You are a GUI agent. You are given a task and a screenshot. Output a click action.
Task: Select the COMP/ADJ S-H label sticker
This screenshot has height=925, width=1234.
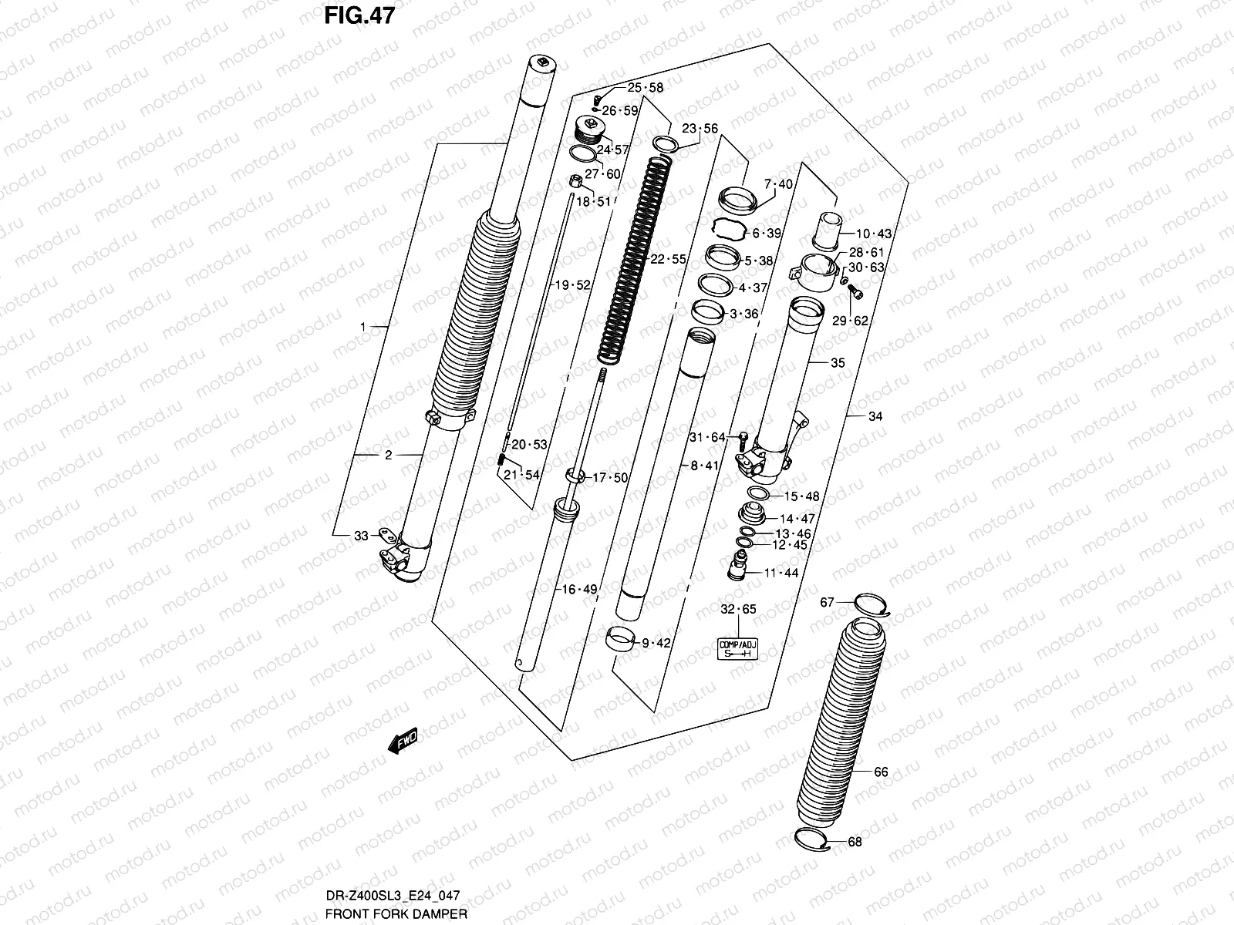[738, 649]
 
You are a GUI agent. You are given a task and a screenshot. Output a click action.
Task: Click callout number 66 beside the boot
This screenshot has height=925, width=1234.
[881, 772]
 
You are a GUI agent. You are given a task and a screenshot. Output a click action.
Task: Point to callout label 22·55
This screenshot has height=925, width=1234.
[667, 260]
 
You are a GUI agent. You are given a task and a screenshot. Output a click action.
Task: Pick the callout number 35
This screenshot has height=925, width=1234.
[838, 363]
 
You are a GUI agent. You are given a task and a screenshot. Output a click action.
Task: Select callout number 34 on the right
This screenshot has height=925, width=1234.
[875, 417]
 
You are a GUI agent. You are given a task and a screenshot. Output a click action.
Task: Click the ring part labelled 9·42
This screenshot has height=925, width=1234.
[622, 640]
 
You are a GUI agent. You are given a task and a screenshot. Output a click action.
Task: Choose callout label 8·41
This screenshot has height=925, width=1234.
[703, 466]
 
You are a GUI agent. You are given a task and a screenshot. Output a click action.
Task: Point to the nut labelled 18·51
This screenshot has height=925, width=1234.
[575, 183]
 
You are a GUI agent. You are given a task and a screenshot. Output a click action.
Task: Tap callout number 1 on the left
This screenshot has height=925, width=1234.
[362, 328]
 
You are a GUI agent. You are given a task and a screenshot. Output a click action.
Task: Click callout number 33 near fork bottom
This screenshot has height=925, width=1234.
[361, 536]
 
